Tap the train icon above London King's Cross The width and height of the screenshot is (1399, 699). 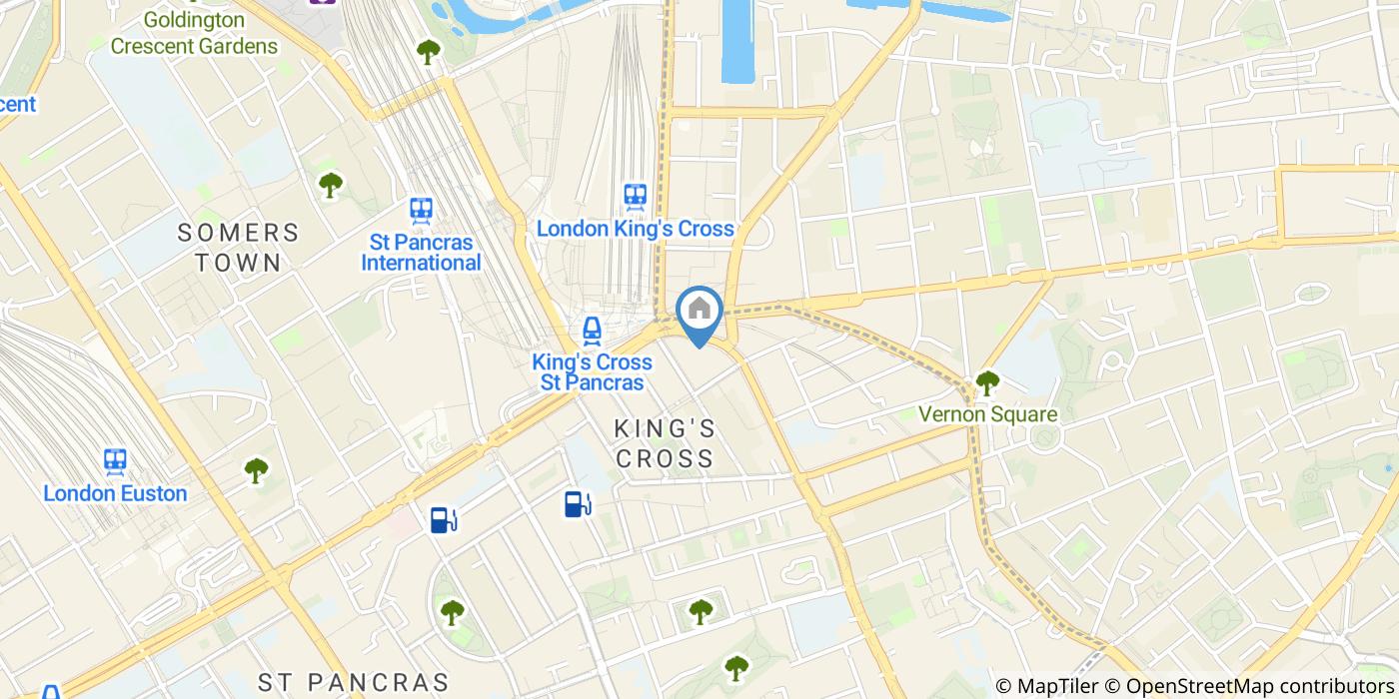pos(636,197)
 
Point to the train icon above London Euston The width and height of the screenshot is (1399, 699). pos(115,461)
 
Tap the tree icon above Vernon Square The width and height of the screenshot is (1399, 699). pos(987,381)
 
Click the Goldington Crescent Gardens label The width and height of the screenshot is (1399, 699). pos(194,33)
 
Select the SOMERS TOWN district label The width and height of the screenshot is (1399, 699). pos(238,248)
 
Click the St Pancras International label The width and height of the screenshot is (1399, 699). pos(421,253)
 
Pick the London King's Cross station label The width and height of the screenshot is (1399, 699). pos(636,229)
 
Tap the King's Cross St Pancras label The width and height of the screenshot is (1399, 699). pos(593,372)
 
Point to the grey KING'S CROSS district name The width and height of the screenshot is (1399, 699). pos(665,443)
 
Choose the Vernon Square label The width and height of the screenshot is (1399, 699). pos(987,413)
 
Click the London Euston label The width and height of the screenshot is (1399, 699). pos(115,493)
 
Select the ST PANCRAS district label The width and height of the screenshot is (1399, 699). pos(354,683)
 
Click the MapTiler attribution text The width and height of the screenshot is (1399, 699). pos(1048,686)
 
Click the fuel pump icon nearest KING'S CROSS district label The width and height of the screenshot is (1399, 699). pos(577,504)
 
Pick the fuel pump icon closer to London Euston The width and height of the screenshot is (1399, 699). pos(443,519)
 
